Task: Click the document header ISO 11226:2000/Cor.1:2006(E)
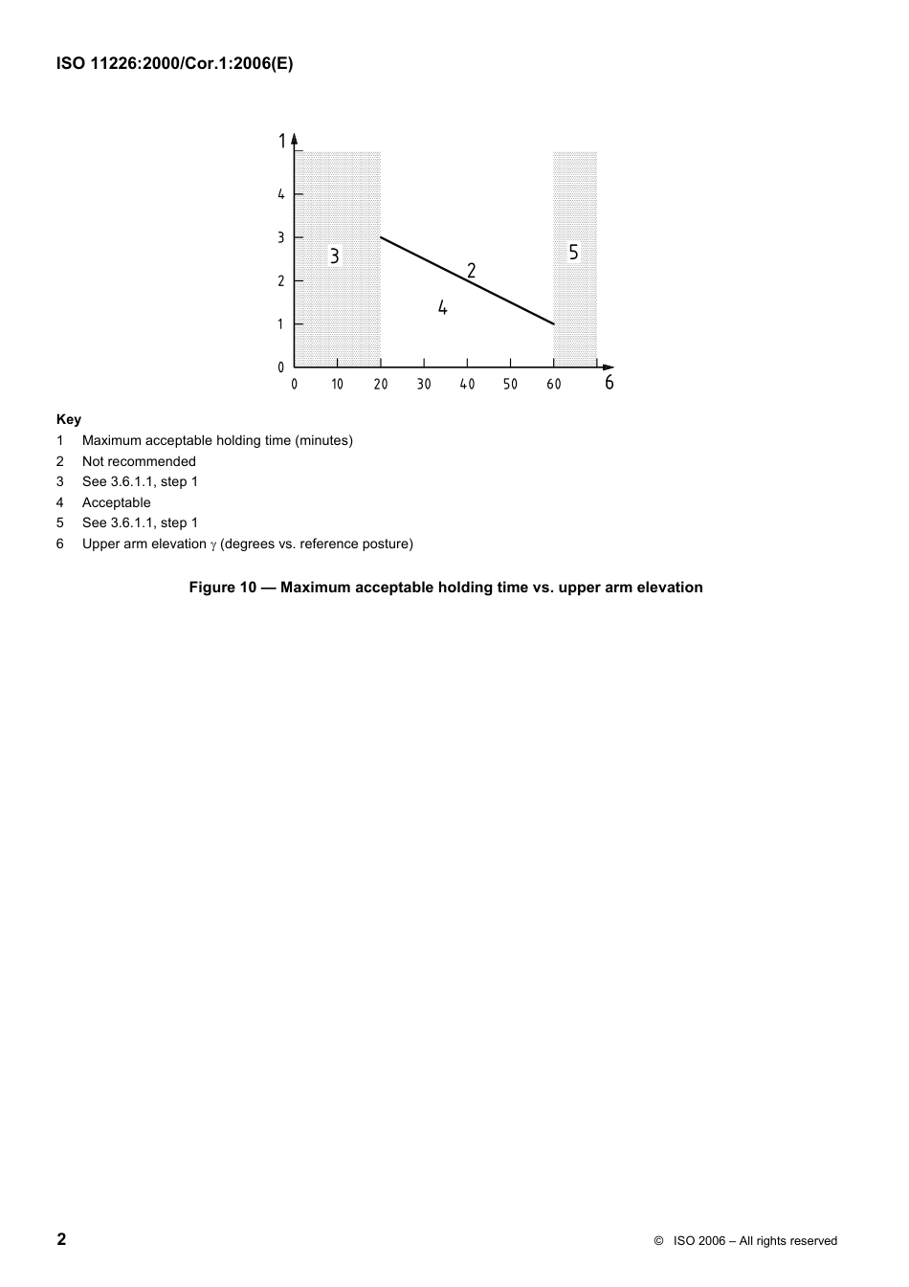coord(174,65)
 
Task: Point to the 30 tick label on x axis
coord(424,385)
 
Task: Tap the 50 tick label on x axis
coord(510,385)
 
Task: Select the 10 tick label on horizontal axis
coord(338,385)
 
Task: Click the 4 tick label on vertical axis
coord(281,194)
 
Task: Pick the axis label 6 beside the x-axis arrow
coord(609,384)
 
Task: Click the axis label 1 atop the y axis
coord(282,142)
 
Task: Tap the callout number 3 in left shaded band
coord(335,256)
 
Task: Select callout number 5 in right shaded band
coord(574,253)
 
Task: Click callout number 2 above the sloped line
coord(472,271)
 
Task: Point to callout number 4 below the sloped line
coord(443,308)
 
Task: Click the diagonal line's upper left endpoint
coord(381,237)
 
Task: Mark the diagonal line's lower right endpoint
coord(554,324)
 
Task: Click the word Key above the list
coord(69,419)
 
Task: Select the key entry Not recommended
coord(139,461)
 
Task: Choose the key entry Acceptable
coord(116,502)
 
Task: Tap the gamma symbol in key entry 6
coord(213,544)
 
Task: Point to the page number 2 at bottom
coord(62,1239)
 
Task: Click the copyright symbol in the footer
coord(658,1241)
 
